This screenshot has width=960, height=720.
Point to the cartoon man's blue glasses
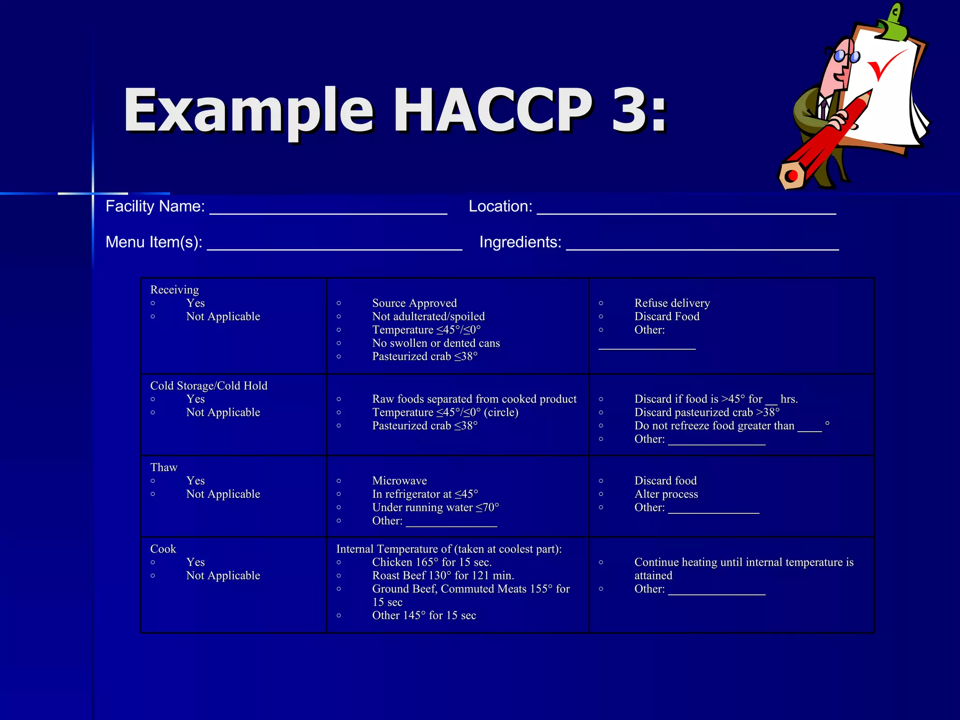click(x=847, y=56)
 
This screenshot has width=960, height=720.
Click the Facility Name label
click(x=155, y=206)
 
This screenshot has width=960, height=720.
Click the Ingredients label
click(x=520, y=242)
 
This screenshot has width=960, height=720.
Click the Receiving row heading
click(x=174, y=290)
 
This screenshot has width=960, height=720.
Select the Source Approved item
click(x=414, y=303)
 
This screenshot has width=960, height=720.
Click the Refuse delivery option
click(x=672, y=303)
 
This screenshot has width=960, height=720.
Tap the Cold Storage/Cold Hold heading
click(x=209, y=386)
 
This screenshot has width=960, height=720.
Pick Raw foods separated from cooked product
click(x=474, y=399)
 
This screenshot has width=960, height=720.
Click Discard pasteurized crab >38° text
click(x=707, y=412)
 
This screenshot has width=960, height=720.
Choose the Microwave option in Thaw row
click(x=399, y=481)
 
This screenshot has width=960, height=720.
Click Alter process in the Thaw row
click(x=666, y=494)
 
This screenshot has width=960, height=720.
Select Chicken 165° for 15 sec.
click(x=431, y=562)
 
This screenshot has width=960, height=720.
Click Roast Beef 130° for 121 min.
click(x=442, y=576)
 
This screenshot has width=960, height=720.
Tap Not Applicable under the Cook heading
click(x=223, y=576)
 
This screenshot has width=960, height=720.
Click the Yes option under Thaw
click(x=195, y=481)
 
